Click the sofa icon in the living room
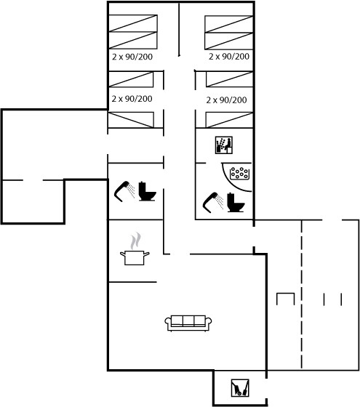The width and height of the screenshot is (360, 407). point(188,323)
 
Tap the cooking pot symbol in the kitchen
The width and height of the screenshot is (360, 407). point(135,257)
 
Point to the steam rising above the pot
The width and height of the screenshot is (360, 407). point(135,241)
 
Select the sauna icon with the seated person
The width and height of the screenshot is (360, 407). point(224,145)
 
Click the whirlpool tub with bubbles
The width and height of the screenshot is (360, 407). point(240,174)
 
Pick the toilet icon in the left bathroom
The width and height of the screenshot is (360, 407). point(147,191)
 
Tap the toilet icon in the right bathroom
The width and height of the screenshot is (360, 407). point(236,203)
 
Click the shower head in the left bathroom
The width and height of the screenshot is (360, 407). point(124,191)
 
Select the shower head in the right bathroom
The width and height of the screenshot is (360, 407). point(212,203)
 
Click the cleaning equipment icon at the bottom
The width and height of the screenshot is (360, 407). point(240,388)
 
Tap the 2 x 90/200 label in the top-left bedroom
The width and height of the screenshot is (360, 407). point(132,57)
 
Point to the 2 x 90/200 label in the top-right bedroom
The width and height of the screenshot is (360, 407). point(229,57)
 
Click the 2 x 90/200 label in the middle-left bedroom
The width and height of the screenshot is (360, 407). point(132,99)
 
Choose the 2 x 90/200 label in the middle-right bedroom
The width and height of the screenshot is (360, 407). point(226,100)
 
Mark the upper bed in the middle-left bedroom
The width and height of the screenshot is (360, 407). point(131,79)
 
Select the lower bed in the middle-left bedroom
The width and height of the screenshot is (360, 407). point(131,120)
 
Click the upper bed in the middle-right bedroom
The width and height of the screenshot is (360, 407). point(229,79)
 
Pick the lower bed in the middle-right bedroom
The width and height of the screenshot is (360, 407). point(229,120)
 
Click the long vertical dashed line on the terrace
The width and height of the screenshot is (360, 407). point(302,294)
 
